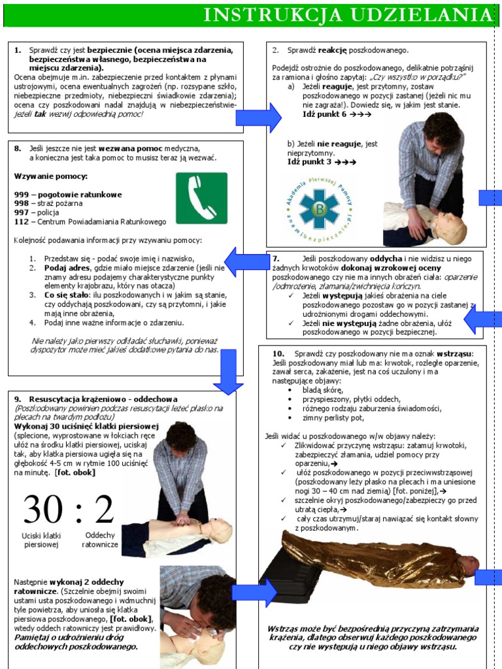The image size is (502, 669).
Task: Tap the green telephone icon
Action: (201, 198)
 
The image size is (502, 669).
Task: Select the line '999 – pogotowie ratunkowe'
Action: (68, 195)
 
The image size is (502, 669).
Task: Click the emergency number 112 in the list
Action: (22, 221)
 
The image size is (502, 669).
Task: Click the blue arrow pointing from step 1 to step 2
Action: (258, 118)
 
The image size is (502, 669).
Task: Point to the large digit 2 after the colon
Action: (103, 510)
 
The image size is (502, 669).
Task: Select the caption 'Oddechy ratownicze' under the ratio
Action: (100, 539)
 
